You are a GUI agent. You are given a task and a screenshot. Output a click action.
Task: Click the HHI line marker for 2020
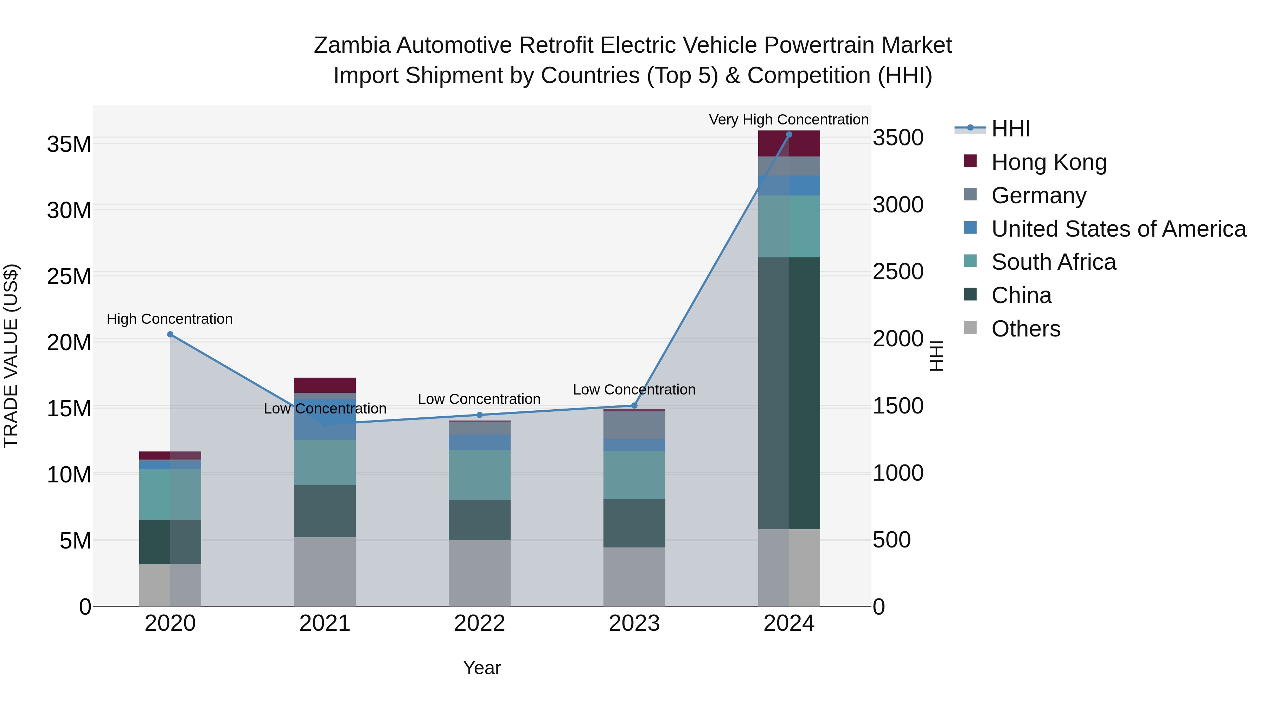coord(170,334)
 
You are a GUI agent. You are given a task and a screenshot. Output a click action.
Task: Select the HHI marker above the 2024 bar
coord(789,134)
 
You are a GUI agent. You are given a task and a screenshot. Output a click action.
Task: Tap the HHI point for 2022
coord(480,415)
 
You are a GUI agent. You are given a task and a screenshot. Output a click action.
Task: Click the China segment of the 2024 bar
coord(789,393)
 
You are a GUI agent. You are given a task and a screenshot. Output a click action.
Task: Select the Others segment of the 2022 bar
coord(480,573)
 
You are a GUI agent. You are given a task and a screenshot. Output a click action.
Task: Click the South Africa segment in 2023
coord(634,475)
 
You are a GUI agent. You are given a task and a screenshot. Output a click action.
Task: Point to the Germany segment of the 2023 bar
coord(634,425)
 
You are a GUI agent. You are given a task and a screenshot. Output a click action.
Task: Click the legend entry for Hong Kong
coord(1048,162)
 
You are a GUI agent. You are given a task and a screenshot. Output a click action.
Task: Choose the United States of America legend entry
coord(1118,229)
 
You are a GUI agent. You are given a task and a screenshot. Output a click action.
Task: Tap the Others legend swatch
coord(970,327)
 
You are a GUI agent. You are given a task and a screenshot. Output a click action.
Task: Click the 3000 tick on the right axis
coord(898,205)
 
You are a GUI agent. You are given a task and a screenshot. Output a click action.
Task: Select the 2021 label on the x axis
coord(325,623)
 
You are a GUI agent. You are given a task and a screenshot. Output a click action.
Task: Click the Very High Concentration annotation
coord(788,120)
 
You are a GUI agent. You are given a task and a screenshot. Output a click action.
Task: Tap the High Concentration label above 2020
coord(170,319)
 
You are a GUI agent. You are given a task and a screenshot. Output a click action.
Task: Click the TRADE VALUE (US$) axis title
coord(11,356)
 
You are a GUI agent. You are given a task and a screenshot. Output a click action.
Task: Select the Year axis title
coord(482,668)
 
